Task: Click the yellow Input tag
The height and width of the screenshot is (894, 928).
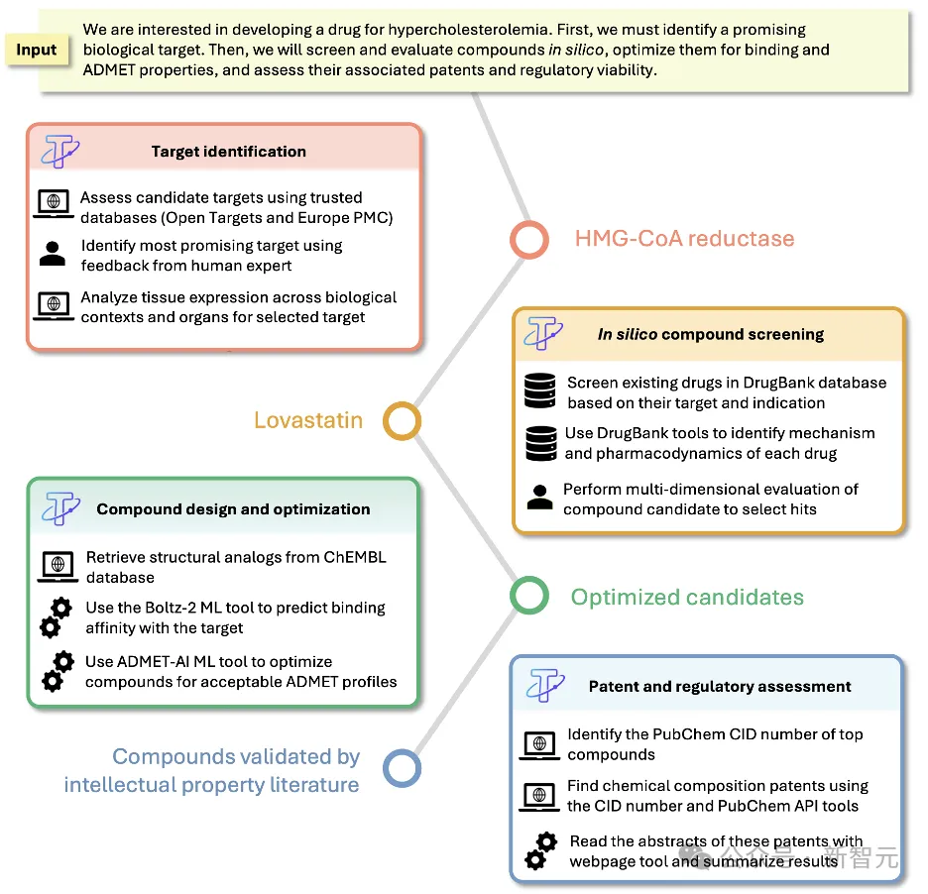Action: click(37, 50)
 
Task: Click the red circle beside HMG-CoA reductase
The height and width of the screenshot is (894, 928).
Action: click(529, 239)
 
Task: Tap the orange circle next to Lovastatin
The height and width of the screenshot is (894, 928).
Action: click(402, 420)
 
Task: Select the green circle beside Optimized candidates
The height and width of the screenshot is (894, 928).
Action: click(529, 597)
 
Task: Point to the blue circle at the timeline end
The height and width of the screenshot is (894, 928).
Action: click(402, 769)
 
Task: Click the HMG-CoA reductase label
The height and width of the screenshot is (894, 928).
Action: click(684, 239)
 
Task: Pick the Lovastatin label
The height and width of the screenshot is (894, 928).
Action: click(308, 420)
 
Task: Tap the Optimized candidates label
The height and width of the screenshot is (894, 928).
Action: click(687, 598)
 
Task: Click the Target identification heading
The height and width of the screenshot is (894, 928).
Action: click(228, 152)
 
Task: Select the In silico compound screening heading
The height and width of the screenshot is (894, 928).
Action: click(710, 334)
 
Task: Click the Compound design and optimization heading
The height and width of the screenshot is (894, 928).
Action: click(233, 509)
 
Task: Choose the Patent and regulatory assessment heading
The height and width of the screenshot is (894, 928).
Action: click(720, 686)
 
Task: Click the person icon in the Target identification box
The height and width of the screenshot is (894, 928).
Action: click(53, 254)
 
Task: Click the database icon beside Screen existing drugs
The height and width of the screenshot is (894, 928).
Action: click(540, 392)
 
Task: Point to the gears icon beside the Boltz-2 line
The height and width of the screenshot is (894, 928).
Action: click(56, 617)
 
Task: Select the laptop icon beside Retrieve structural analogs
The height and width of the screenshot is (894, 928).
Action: click(58, 566)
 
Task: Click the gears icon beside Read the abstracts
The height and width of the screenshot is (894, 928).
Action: click(541, 851)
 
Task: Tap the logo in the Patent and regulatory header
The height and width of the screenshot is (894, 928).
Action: click(545, 685)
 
